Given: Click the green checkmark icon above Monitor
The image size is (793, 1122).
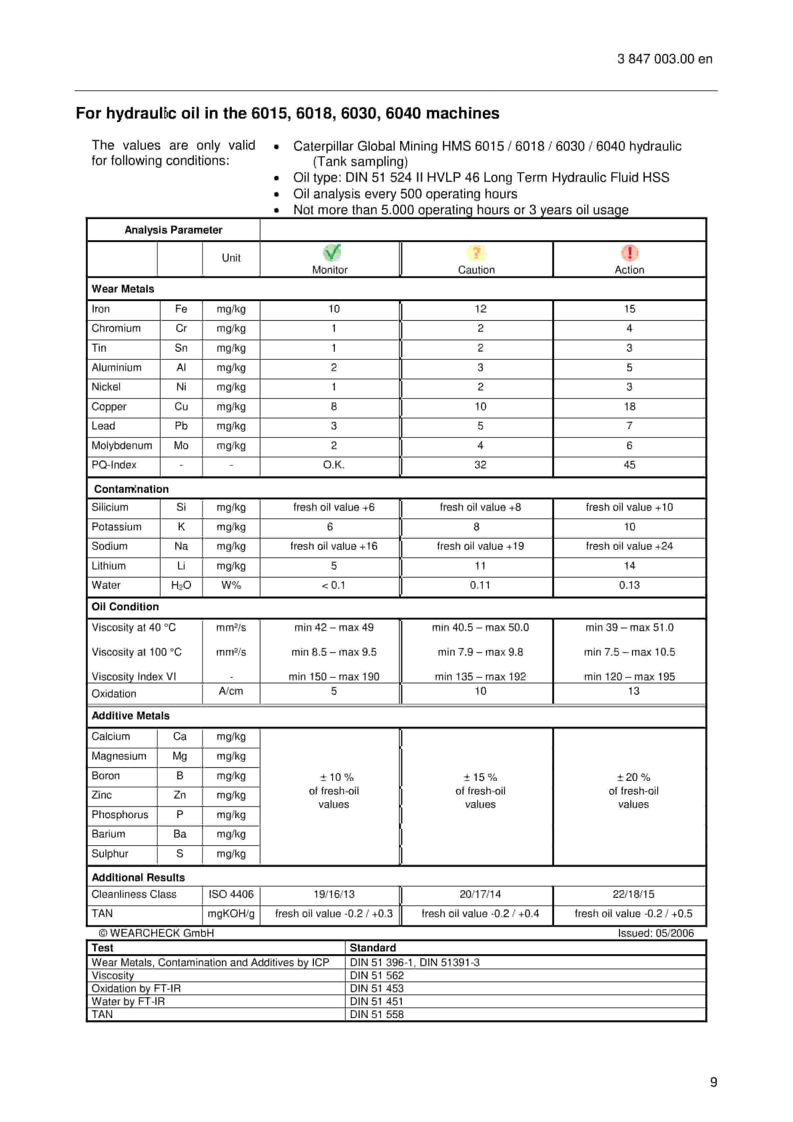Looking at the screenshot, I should [x=332, y=253].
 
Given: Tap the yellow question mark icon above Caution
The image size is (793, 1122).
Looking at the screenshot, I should [x=476, y=253].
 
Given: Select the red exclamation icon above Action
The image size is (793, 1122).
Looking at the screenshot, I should [x=629, y=253].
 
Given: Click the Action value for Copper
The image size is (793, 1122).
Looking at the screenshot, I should [x=629, y=406].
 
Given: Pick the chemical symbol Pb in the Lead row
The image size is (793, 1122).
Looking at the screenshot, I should [x=181, y=426].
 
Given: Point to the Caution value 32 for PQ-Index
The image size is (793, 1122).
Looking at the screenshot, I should [x=480, y=465].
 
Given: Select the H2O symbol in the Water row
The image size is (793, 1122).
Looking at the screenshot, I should [x=181, y=585].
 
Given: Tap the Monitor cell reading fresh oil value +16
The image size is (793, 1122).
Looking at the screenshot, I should [x=334, y=546].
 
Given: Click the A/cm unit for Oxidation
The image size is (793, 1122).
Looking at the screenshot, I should [x=230, y=691].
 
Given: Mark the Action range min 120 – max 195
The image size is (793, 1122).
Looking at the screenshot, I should [x=629, y=677].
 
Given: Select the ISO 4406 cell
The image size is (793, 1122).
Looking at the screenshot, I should [x=231, y=894].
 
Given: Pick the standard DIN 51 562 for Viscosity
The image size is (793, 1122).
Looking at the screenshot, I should [x=377, y=975].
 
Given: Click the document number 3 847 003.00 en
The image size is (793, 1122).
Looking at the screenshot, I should [x=664, y=59].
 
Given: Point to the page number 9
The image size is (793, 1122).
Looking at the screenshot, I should [x=713, y=1082].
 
